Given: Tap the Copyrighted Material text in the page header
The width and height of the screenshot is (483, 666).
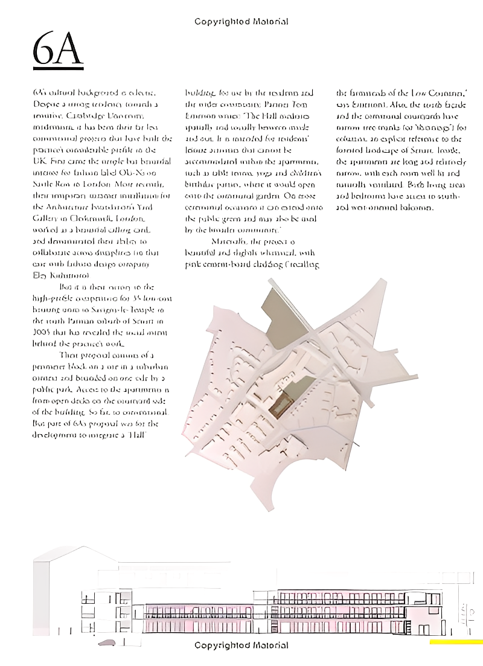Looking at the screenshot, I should click(241, 22).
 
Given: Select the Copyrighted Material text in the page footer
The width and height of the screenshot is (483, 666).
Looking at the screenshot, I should click(241, 645).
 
